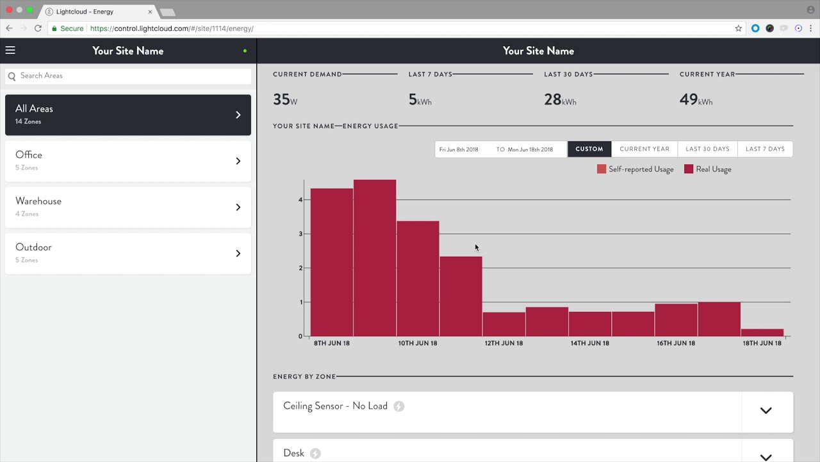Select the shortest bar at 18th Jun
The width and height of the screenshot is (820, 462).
(x=762, y=332)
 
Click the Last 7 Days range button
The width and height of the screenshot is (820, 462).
(x=765, y=149)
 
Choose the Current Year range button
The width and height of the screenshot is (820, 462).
(x=644, y=149)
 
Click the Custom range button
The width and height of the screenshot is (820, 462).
(x=589, y=149)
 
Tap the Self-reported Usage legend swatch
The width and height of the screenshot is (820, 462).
(x=602, y=169)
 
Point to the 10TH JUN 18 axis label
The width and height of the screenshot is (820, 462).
(x=418, y=343)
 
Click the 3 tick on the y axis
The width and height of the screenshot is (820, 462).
(x=300, y=234)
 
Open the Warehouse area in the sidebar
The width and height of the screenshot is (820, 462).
(x=128, y=207)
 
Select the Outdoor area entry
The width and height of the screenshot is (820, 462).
(x=128, y=253)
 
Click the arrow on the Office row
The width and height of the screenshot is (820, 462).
(x=238, y=161)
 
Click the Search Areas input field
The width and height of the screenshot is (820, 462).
(x=128, y=76)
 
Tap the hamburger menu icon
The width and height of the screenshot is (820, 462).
(x=10, y=50)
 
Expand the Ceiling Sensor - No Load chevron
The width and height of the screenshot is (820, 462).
(x=766, y=411)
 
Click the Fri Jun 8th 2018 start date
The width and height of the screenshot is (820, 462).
(x=459, y=150)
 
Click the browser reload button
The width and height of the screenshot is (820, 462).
(x=38, y=28)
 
